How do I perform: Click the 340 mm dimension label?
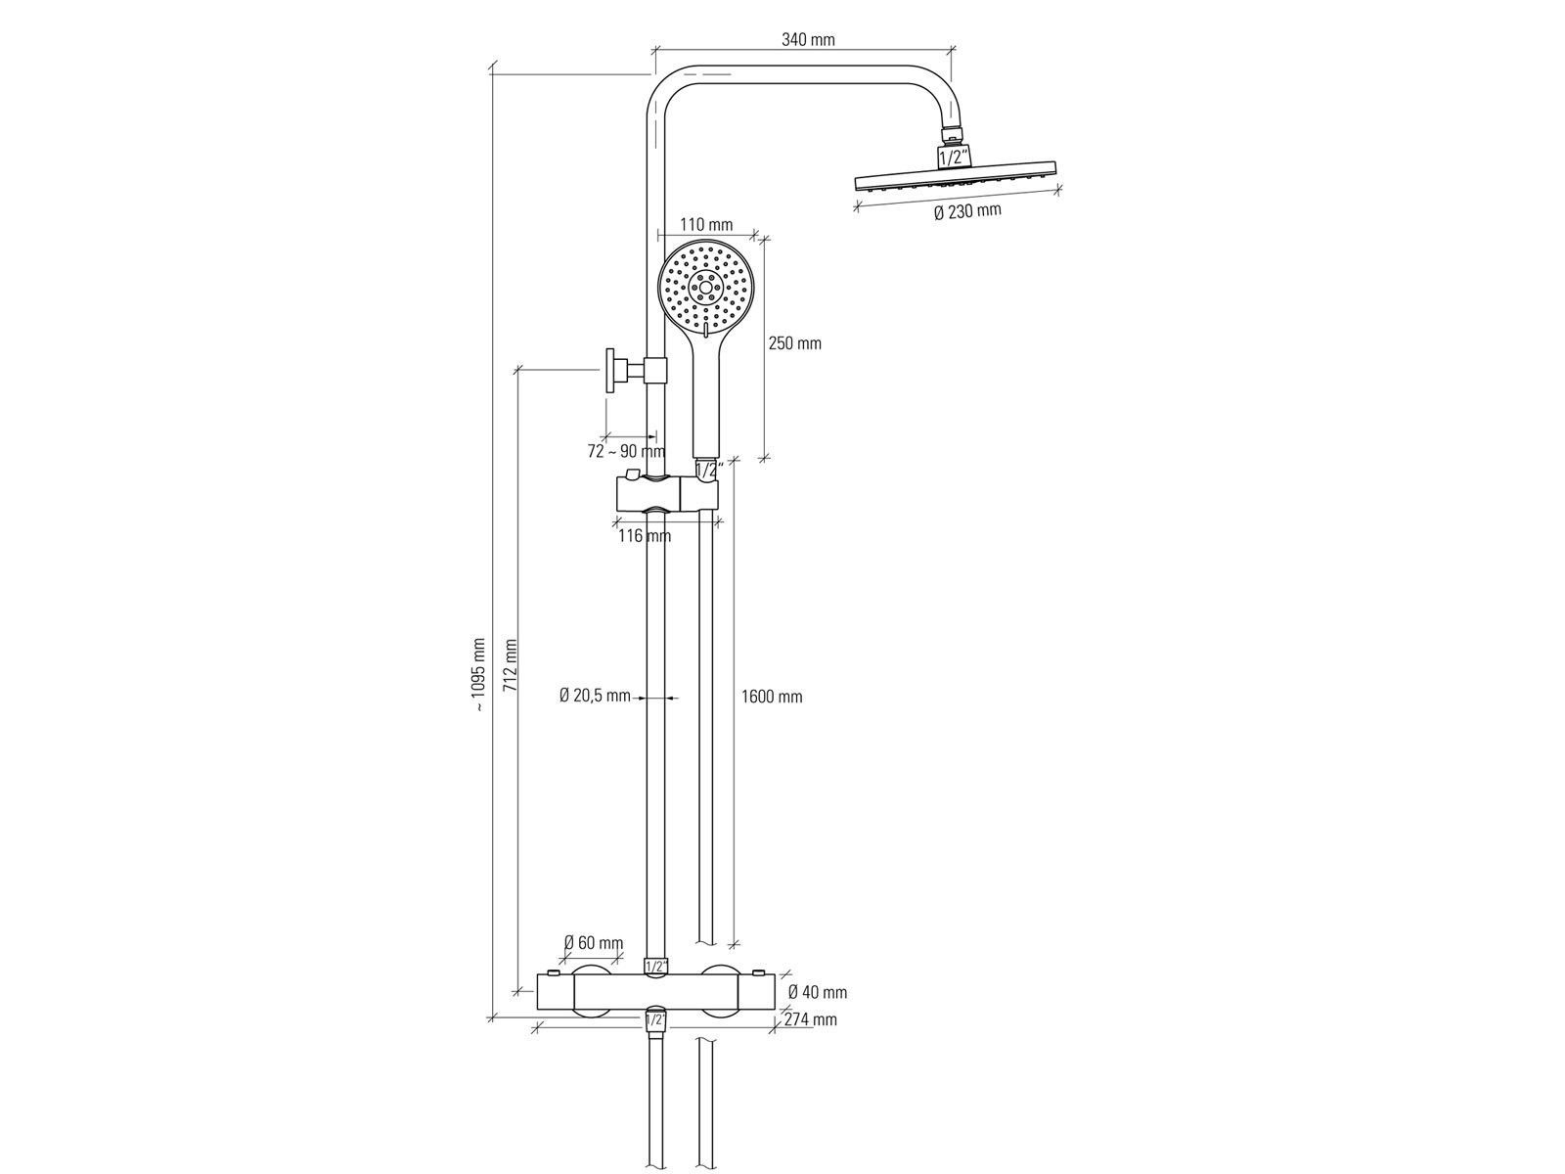tap(808, 39)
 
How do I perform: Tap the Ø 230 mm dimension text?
tap(966, 211)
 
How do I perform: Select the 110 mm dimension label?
tap(706, 225)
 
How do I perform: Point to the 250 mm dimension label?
tap(794, 343)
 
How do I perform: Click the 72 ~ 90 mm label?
tap(626, 451)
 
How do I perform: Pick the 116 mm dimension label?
tap(645, 535)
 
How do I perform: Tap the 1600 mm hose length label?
tap(772, 697)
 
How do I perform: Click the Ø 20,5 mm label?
tap(595, 695)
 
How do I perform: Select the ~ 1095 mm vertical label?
tap(478, 675)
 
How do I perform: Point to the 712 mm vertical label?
tap(510, 665)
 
